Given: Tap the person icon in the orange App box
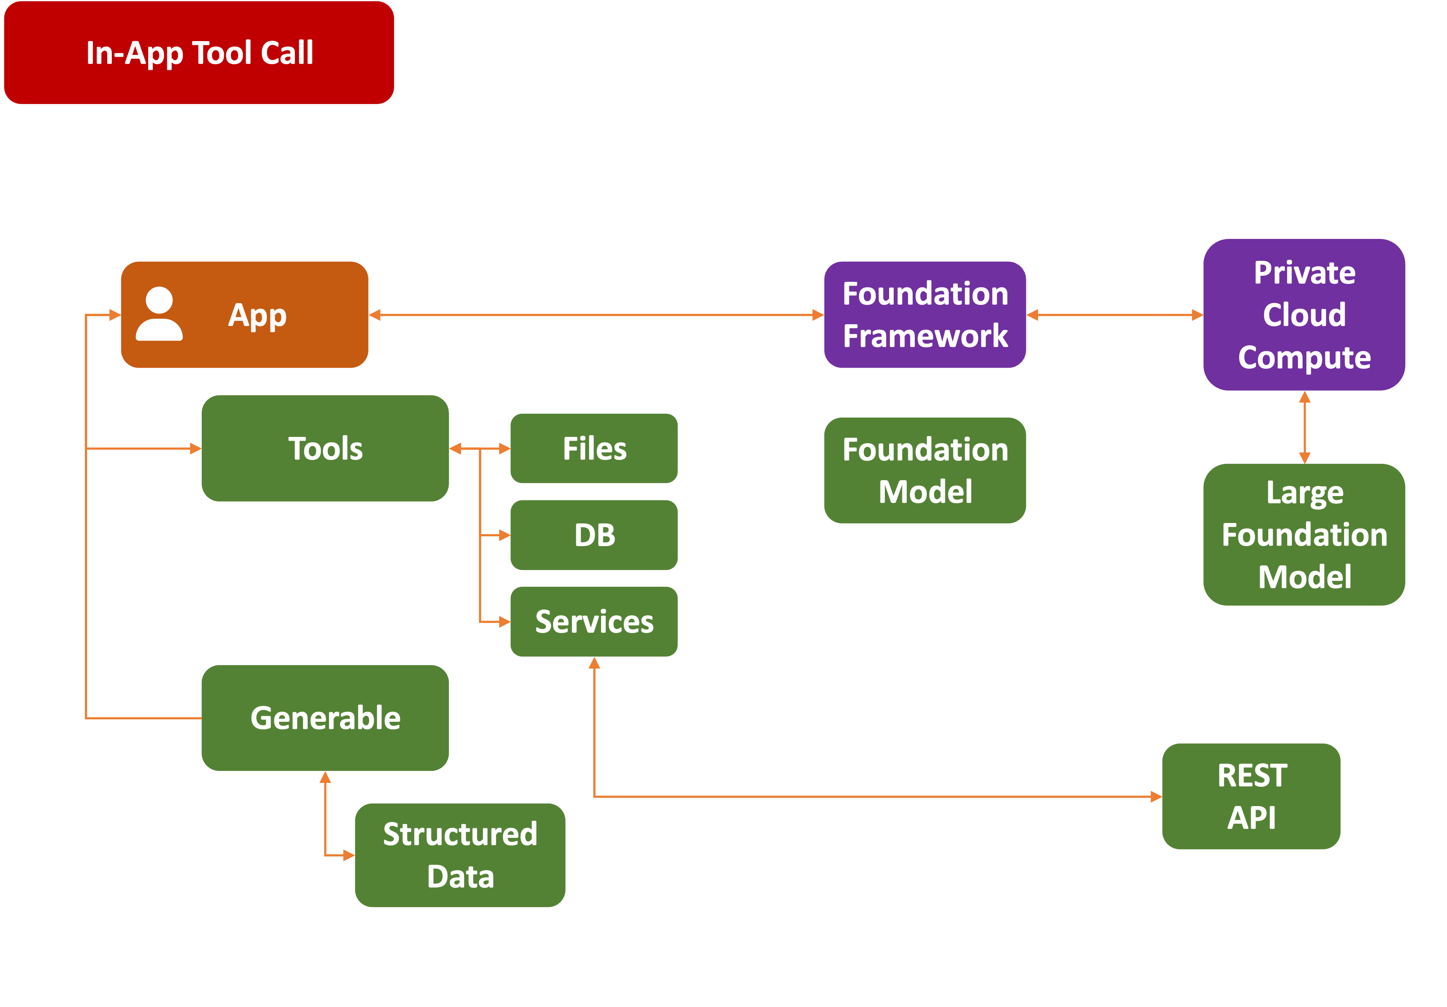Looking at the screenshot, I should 159,314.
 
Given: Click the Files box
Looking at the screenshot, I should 594,448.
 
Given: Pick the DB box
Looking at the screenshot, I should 594,535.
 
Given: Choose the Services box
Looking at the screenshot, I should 594,622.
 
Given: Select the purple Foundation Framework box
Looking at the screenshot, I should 925,314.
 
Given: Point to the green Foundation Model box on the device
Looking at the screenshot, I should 925,470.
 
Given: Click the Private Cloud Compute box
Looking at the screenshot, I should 1303,314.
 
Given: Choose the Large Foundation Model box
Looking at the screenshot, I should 1303,535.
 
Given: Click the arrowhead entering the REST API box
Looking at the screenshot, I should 1156,797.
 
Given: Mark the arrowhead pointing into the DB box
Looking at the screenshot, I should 504,535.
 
